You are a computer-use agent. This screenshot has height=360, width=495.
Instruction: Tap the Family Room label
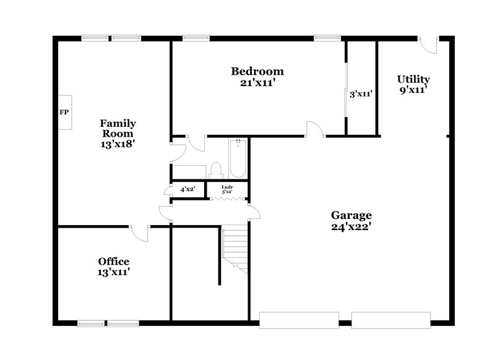coord(118,128)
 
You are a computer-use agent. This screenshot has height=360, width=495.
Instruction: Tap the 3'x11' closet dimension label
coord(361,94)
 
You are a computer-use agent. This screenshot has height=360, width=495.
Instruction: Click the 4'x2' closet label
coord(187,189)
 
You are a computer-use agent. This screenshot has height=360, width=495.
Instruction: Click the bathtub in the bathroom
coord(238,160)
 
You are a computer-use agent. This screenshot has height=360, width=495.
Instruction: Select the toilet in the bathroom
coord(216,169)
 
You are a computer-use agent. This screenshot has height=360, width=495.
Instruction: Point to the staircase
coord(235,247)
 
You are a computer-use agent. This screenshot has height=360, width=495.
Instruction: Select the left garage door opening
coord(298,320)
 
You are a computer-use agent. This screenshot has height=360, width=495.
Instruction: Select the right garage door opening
coord(391,320)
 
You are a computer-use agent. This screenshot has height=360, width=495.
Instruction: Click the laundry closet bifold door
coord(226,199)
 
